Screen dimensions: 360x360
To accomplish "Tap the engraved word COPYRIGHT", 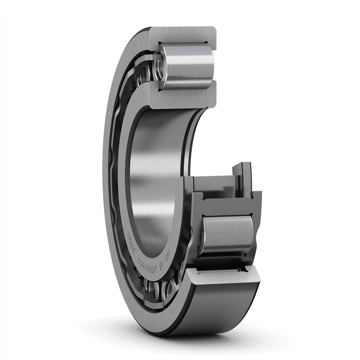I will coord(147,265).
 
